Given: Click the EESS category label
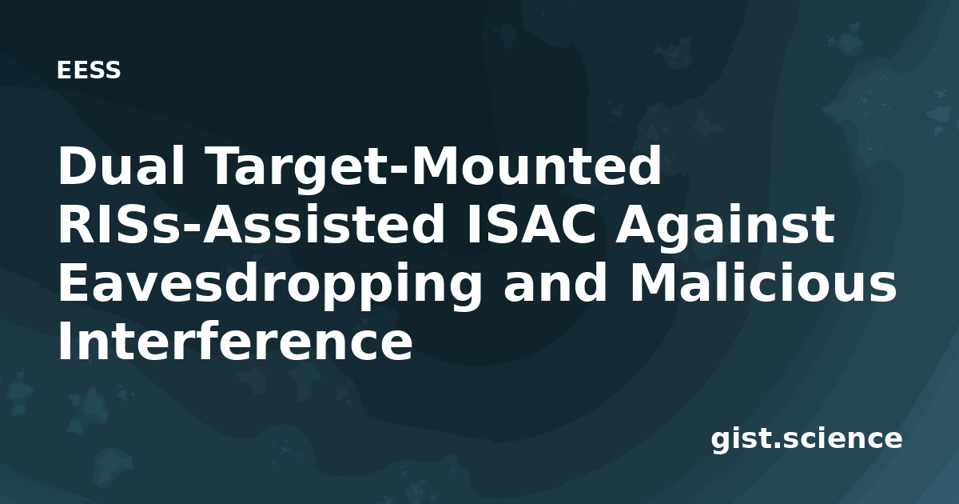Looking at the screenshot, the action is tap(89, 70).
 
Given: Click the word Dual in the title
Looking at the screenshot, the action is tap(121, 166).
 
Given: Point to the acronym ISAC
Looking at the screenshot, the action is tap(531, 225).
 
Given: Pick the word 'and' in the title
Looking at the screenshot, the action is tap(555, 282).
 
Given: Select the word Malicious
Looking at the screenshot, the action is tap(762, 282).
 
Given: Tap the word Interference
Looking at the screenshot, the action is tap(235, 341).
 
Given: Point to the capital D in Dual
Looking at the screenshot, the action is tap(78, 166).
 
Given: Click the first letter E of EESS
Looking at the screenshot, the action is tap(63, 70).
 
